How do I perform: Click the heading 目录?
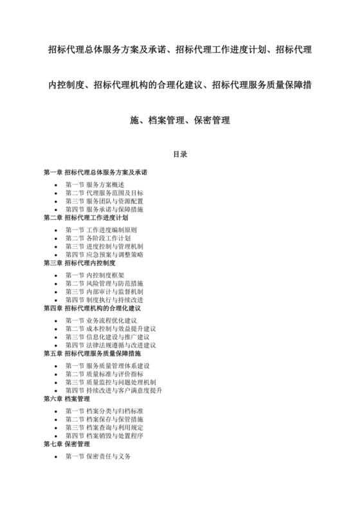pyautogui.click(x=179, y=154)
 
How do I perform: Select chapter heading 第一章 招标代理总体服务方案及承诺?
pyautogui.click(x=95, y=172)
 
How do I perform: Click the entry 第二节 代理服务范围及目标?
pyautogui.click(x=104, y=193)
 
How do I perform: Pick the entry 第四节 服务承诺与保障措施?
pyautogui.click(x=104, y=210)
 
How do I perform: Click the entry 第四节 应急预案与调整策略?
pyautogui.click(x=104, y=254)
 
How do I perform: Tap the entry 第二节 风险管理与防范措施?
pyautogui.click(x=104, y=283)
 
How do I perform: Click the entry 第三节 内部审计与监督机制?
pyautogui.click(x=104, y=291)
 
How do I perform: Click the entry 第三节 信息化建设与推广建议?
pyautogui.click(x=107, y=337)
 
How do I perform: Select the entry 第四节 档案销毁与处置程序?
pyautogui.click(x=104, y=435)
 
